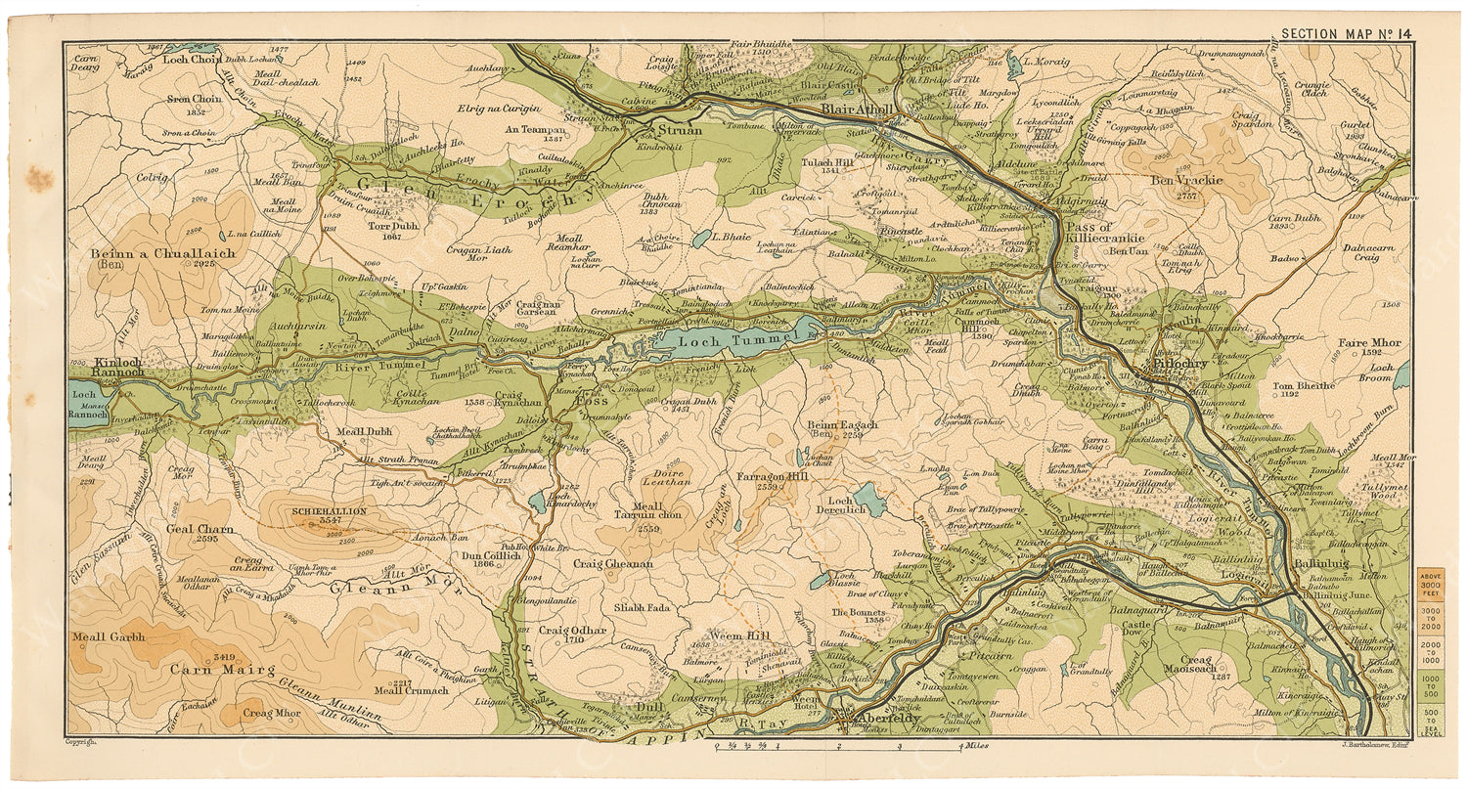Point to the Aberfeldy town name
[x=884, y=719]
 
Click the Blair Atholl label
[x=858, y=110]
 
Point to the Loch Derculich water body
[x=867, y=500]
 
